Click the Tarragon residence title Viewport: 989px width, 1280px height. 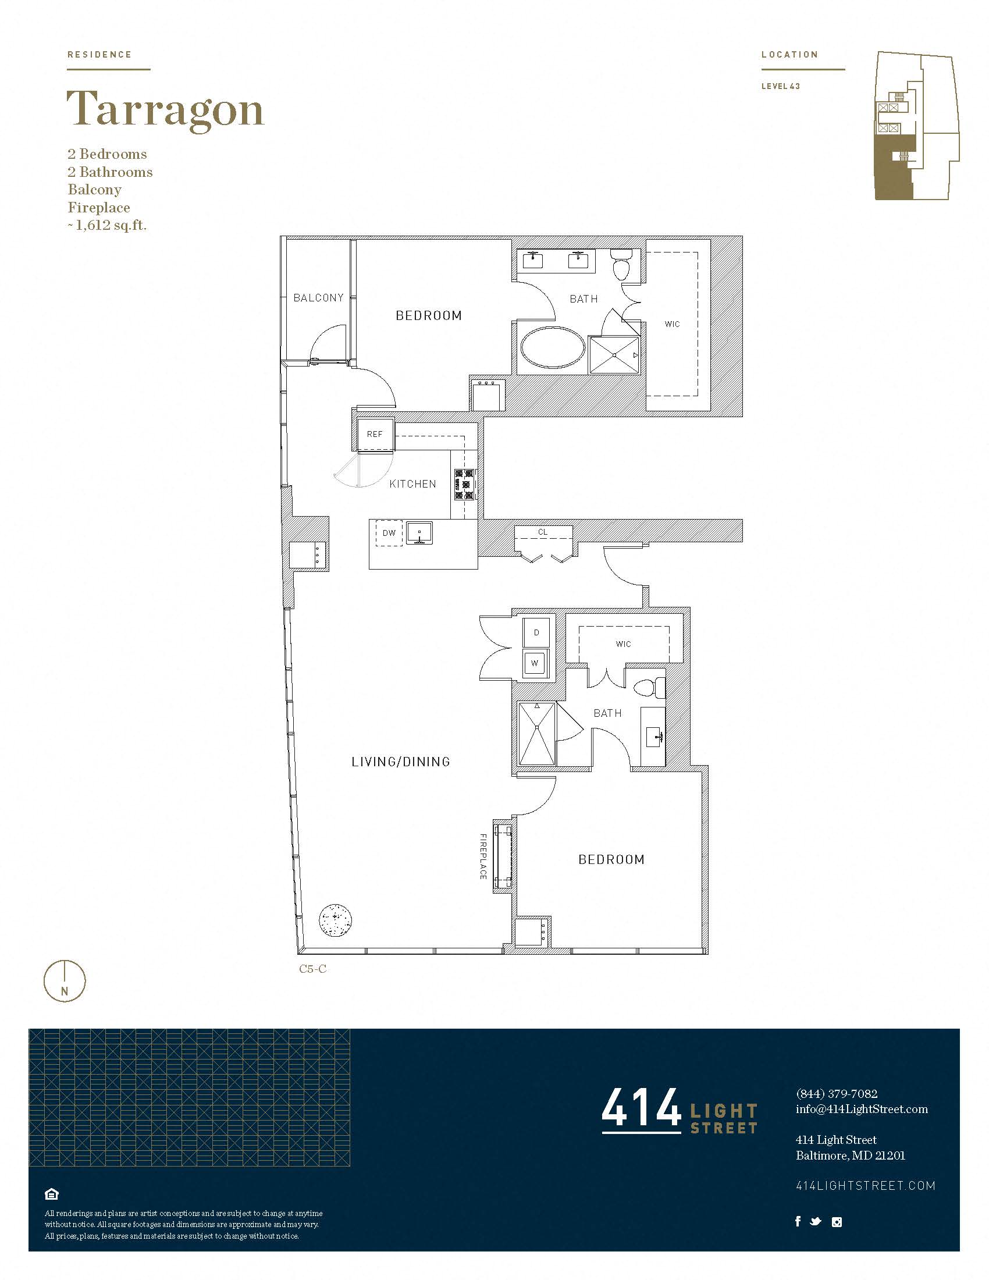(165, 110)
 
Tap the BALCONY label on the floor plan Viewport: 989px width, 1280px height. (318, 298)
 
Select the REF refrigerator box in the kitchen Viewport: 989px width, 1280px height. (375, 435)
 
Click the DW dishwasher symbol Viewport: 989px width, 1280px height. (389, 534)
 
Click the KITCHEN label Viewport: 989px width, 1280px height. (412, 484)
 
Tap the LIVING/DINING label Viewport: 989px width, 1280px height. (401, 762)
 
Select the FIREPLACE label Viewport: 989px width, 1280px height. (483, 856)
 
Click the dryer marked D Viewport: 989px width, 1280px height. (536, 632)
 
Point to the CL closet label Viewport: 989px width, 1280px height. (543, 532)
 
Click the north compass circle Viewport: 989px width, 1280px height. (65, 980)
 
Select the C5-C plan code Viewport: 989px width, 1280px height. (313, 969)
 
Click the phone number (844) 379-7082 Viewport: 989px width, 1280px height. (837, 1094)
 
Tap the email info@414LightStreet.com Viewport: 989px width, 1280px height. (862, 1109)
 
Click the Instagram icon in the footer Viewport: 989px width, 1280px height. (837, 1222)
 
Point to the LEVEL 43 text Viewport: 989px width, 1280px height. (780, 86)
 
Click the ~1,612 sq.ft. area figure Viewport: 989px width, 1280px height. (107, 225)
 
